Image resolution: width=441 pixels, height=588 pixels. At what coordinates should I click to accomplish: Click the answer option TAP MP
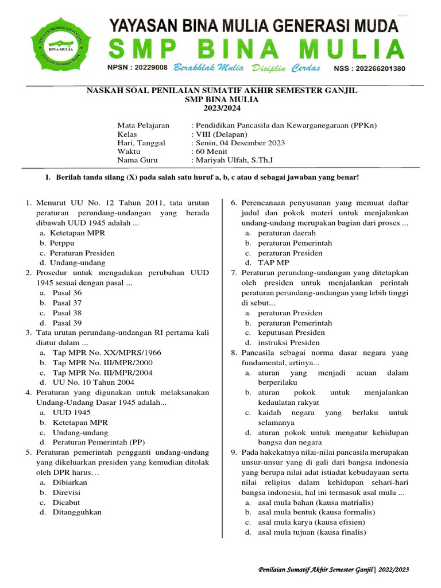point(274,262)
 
